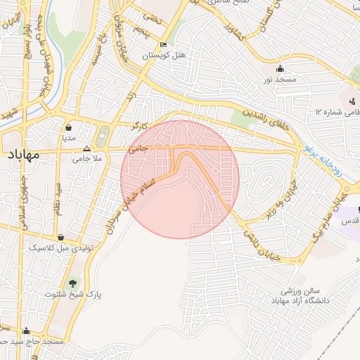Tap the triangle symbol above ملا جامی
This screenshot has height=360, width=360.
pos(86,149)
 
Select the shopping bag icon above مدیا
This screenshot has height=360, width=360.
pos(69,128)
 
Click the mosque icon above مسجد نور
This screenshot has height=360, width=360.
pos(281,68)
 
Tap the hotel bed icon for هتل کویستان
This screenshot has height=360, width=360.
pos(164,44)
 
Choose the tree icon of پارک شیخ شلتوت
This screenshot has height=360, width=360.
pos(72,283)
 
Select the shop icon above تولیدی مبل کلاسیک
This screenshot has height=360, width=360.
pos(63,238)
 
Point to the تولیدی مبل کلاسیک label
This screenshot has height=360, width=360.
pos(63,248)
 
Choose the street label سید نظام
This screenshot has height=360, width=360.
pos(58,198)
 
